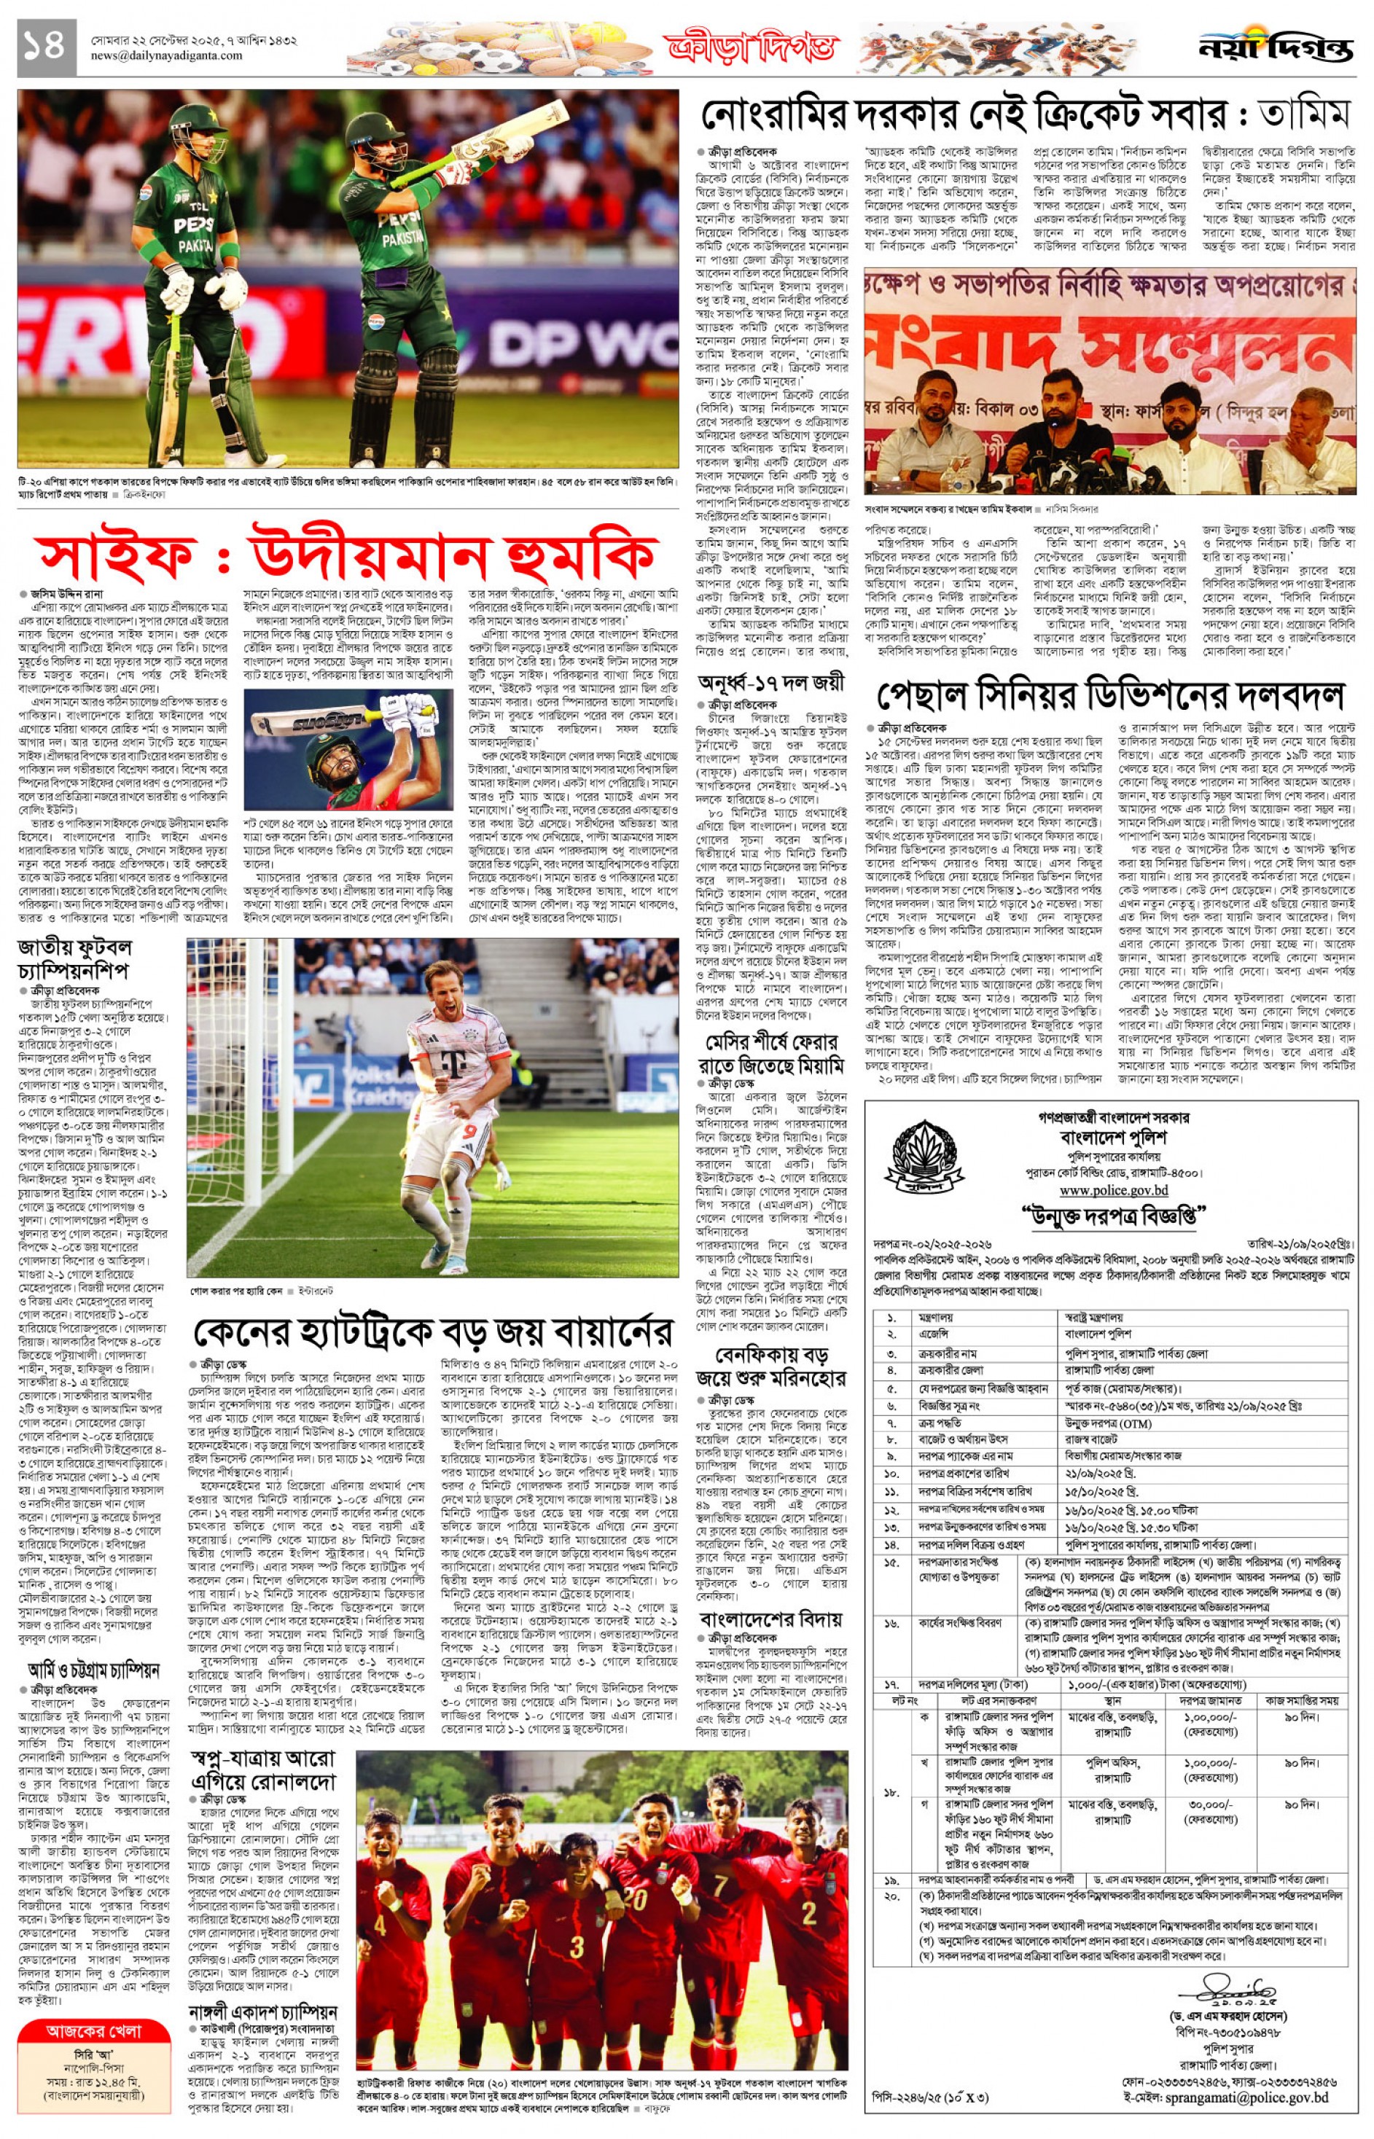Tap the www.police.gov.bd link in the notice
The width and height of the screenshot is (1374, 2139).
point(1114,1189)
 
